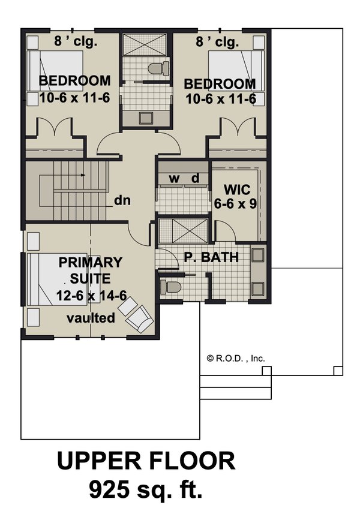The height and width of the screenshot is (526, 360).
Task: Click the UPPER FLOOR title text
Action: [146, 461]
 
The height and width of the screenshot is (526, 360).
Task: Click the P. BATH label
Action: [211, 258]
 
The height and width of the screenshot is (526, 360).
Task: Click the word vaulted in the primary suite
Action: [91, 318]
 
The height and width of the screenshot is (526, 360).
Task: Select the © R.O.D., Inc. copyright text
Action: [236, 358]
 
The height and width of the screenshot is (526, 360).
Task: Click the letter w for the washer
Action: [174, 178]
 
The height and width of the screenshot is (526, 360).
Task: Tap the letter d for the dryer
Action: [195, 178]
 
